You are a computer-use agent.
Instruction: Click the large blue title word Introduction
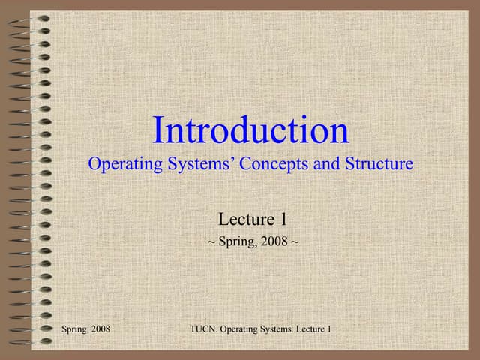click(250, 130)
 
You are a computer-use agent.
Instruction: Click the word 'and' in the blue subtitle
click(326, 163)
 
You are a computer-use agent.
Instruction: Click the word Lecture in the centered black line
click(245, 219)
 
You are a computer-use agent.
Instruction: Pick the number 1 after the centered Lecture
click(284, 219)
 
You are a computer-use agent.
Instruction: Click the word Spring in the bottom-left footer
click(76, 330)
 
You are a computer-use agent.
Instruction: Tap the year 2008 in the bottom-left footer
click(101, 330)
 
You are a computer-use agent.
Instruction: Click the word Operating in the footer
click(244, 330)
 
